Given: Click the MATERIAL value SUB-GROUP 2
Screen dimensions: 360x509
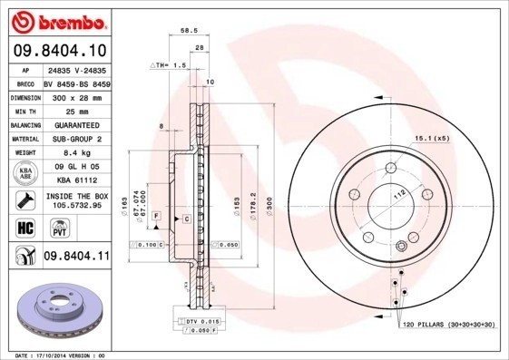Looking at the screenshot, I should click(x=73, y=139).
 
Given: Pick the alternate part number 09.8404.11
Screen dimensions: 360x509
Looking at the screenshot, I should click(x=75, y=258).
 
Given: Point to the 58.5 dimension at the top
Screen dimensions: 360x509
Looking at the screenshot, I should click(x=190, y=30).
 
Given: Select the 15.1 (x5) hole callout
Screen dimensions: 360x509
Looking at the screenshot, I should click(x=432, y=138).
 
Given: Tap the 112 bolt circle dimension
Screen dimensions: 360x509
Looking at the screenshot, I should click(x=396, y=193).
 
